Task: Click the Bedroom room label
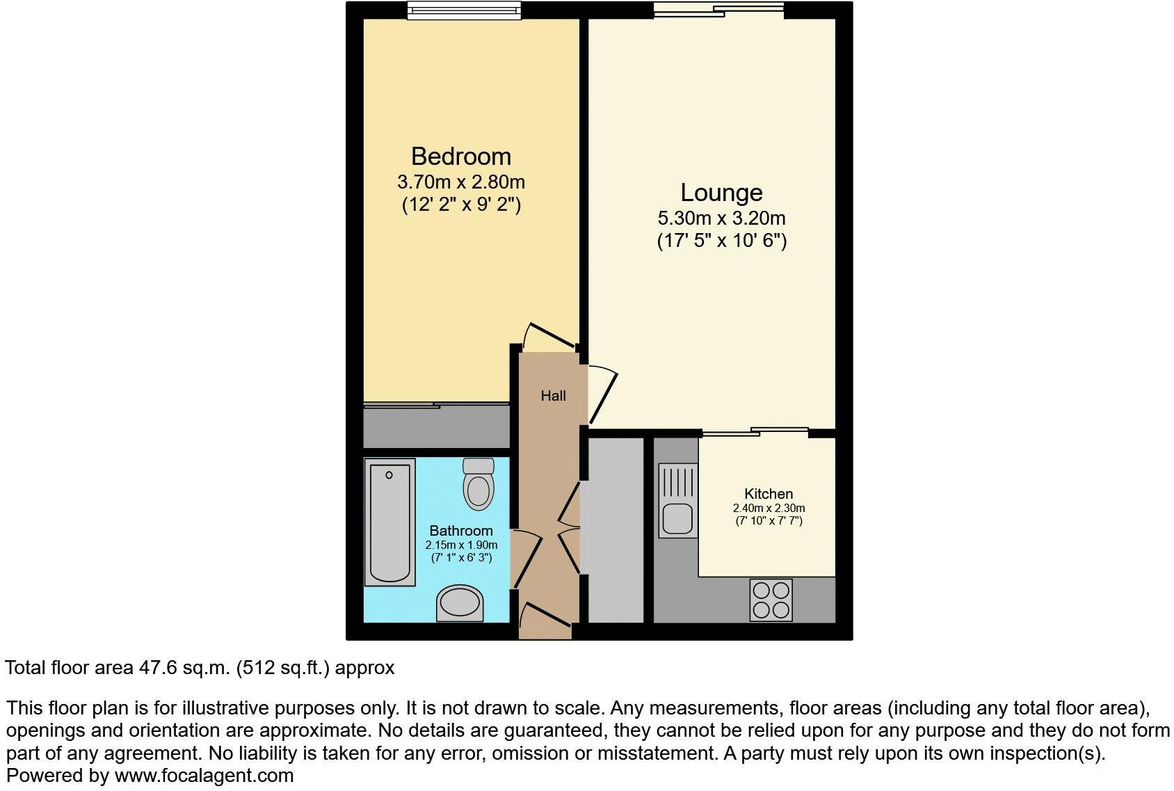[460, 156]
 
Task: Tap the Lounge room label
[721, 192]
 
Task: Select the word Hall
[553, 396]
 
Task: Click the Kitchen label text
[769, 494]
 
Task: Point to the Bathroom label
[461, 531]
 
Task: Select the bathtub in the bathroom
[389, 522]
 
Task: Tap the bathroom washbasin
[460, 602]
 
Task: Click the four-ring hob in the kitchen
[771, 600]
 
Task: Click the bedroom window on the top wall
[464, 10]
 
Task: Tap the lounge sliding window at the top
[718, 10]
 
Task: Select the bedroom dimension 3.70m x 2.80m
[460, 182]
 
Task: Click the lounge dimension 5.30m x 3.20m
[721, 218]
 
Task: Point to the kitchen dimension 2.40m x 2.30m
[769, 509]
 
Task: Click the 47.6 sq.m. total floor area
[184, 668]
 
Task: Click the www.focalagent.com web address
[204, 776]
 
